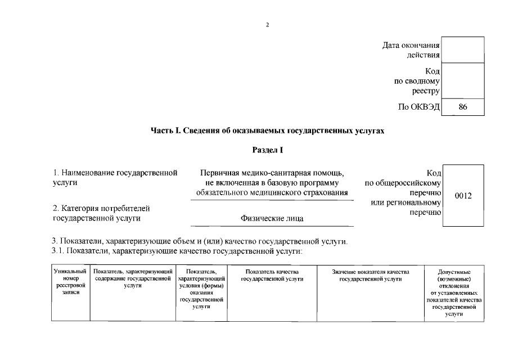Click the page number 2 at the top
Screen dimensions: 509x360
(268, 25)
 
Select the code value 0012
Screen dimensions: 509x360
(463, 195)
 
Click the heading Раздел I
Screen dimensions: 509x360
(268, 150)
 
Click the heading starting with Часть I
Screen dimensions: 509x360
(268, 131)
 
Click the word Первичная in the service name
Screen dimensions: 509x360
(220, 173)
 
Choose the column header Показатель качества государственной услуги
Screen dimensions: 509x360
(272, 276)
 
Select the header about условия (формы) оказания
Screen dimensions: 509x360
(201, 289)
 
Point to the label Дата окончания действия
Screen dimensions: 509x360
(411, 49)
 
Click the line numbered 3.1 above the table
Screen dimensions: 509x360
(177, 251)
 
